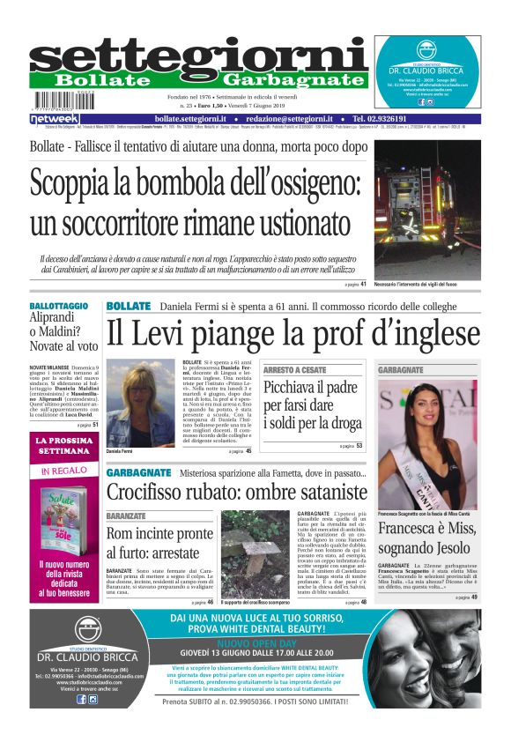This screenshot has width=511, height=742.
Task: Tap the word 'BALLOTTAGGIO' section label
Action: [x=59, y=306]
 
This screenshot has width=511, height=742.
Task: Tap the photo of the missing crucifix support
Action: [x=254, y=553]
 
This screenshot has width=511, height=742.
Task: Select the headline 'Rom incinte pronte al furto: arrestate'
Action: [x=159, y=542]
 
